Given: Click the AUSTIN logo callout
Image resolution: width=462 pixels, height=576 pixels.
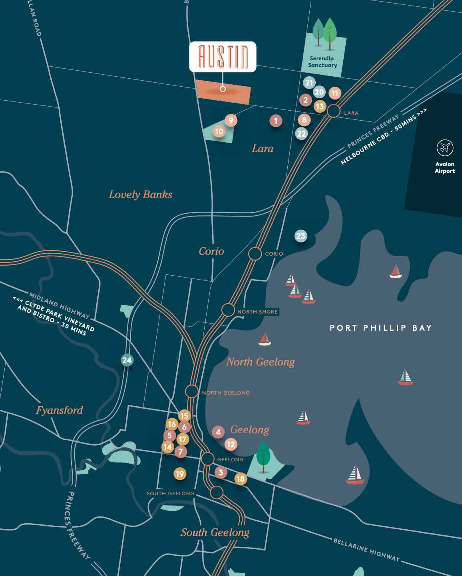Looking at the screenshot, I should tap(223, 57).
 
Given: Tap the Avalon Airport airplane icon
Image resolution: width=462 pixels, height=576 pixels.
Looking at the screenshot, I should tap(444, 148).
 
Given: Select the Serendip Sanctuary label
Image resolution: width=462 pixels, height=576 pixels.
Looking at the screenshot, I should tap(323, 62).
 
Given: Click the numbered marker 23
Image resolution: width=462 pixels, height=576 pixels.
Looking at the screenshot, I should tap(301, 236).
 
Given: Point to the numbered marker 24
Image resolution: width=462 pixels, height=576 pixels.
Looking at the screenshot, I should tap(127, 360).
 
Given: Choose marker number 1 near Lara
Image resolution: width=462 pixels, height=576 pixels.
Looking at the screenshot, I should tap(275, 121).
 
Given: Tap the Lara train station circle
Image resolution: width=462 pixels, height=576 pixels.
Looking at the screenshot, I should tap(334, 111).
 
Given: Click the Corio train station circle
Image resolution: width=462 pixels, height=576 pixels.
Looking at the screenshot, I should tap(255, 254).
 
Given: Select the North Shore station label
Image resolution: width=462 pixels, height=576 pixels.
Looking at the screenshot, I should tap(257, 312).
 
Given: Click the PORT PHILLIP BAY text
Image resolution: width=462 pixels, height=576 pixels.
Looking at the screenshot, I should tap(381, 328).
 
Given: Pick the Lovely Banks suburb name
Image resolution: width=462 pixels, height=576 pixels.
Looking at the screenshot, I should tap(140, 195).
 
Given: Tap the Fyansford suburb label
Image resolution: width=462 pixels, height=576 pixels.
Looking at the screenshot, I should tap(60, 410).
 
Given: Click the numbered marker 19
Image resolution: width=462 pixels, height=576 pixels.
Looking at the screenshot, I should tap(180, 474).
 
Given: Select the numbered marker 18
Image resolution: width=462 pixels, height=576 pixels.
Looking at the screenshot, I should tap(240, 479).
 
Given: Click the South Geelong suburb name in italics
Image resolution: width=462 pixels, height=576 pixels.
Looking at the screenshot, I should tap(215, 532).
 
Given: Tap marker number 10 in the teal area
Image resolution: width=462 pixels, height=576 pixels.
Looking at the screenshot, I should tap(219, 131).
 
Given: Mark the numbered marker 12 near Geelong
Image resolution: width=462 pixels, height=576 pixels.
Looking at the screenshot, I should tap(230, 444).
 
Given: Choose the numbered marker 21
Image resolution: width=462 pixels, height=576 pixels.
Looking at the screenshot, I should tap(309, 83).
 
